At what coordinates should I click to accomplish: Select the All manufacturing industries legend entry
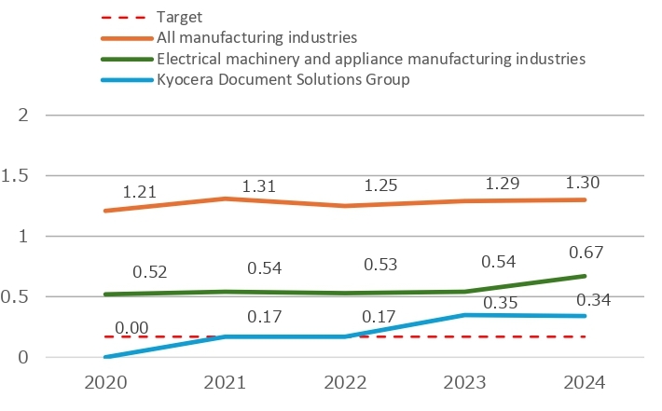(x=257, y=38)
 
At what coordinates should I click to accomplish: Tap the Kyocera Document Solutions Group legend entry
(x=284, y=79)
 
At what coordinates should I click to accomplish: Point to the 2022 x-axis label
(x=345, y=384)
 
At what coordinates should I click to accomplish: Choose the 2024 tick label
(x=585, y=384)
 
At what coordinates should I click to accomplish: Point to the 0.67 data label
(x=586, y=253)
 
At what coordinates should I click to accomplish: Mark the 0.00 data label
(x=133, y=328)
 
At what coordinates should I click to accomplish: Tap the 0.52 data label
(x=150, y=272)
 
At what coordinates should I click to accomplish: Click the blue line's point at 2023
(x=465, y=315)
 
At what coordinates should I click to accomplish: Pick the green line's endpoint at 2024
(x=586, y=276)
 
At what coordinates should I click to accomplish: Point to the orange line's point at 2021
(x=225, y=199)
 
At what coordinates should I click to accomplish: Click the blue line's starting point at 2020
(x=104, y=357)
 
